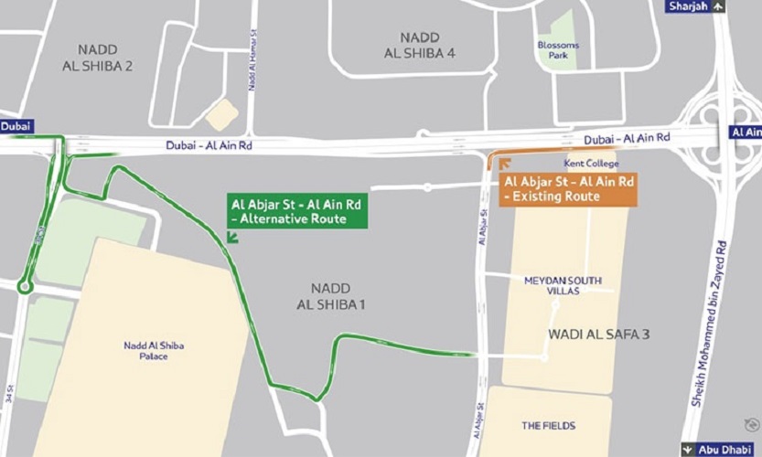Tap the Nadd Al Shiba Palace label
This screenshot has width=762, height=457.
[152, 351]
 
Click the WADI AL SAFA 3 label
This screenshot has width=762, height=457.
[598, 335]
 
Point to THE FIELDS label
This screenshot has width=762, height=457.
[549, 426]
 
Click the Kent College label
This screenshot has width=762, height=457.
[591, 164]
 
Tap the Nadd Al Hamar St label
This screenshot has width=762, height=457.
[250, 61]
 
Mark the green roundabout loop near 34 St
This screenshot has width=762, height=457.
[25, 287]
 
